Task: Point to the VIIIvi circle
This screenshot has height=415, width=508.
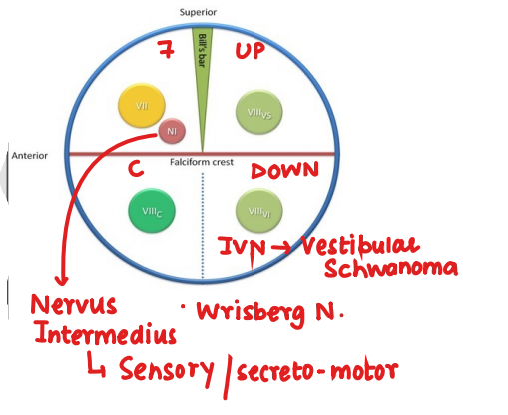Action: tap(256, 211)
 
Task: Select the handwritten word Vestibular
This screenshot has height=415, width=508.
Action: tap(360, 245)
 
